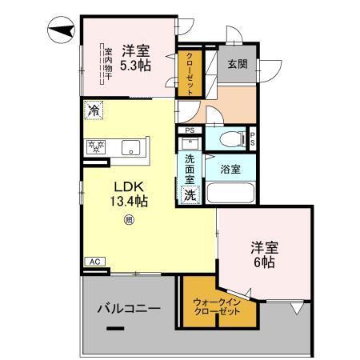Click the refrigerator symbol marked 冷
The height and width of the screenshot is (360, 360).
[94, 110]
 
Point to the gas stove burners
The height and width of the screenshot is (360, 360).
[98, 146]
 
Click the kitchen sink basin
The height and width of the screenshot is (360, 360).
[131, 146]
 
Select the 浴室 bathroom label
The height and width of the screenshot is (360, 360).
[231, 168]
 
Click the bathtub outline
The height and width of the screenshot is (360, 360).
[230, 193]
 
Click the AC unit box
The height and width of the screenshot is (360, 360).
[94, 262]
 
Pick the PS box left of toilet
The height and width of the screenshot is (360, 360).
[190, 130]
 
